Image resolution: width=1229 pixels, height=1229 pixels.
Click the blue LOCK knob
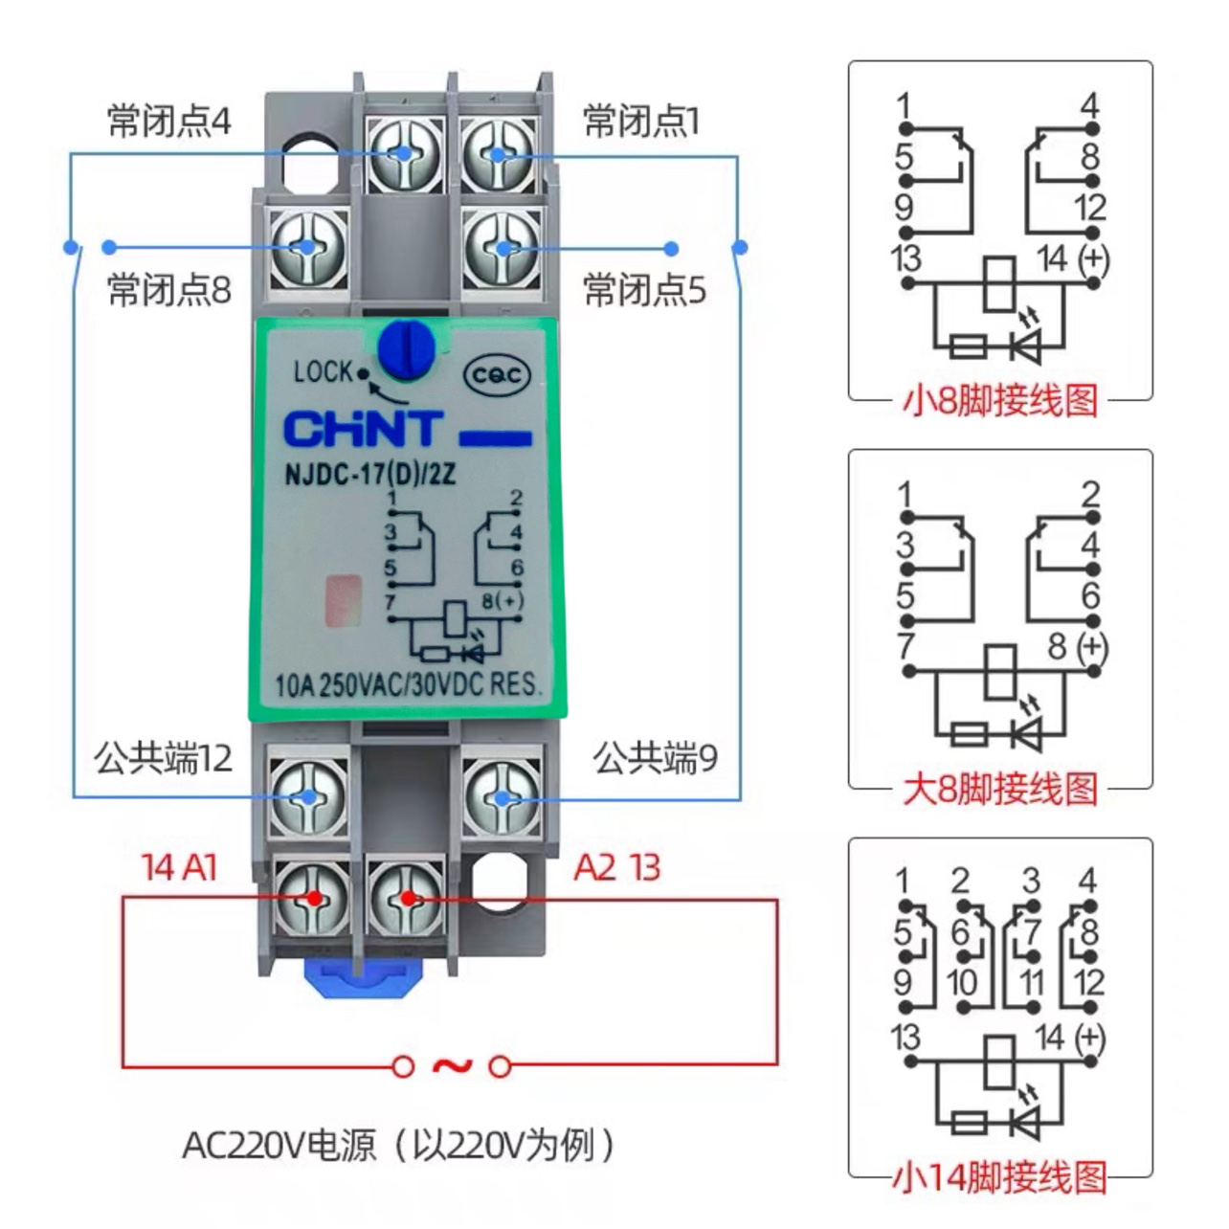click(x=407, y=348)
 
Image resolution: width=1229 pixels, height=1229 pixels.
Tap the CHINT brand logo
click(x=364, y=430)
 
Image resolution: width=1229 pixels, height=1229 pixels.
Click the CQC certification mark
click(x=496, y=375)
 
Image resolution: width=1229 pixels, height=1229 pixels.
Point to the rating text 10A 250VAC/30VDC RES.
click(x=408, y=684)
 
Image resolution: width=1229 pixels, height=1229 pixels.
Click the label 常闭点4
click(x=168, y=122)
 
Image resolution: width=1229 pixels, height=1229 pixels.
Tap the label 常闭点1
click(x=641, y=122)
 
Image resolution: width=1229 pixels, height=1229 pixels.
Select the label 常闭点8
click(x=168, y=289)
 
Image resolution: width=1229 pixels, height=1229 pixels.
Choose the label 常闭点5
click(x=644, y=289)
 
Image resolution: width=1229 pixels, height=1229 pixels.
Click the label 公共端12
click(x=163, y=758)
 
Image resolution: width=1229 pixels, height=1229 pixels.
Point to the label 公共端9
click(x=655, y=758)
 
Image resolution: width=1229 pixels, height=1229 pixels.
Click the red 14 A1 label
click(x=180, y=867)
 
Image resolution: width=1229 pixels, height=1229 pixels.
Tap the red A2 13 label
click(x=617, y=867)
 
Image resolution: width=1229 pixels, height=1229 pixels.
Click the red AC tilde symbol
click(x=452, y=1064)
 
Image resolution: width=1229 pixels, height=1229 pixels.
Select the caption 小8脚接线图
click(x=1000, y=400)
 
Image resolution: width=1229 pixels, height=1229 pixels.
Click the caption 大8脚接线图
click(x=1000, y=790)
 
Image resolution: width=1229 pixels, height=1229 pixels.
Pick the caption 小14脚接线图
click(x=1000, y=1177)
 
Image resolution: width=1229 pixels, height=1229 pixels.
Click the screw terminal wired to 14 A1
click(x=312, y=897)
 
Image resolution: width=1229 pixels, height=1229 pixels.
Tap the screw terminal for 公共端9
click(x=501, y=797)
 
